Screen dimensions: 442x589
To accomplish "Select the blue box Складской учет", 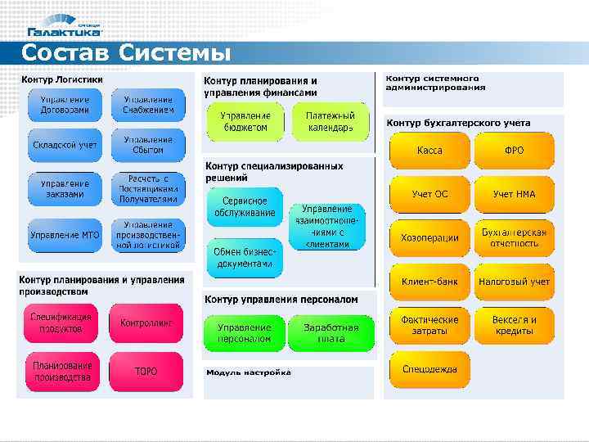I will (x=65, y=145).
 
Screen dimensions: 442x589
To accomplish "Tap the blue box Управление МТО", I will (x=65, y=235).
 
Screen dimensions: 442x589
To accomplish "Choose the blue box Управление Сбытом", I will (x=148, y=145).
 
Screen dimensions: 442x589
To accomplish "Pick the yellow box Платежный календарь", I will (x=330, y=122).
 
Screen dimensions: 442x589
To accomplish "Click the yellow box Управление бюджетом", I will (x=244, y=122).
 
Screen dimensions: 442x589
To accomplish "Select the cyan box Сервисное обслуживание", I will (x=244, y=206).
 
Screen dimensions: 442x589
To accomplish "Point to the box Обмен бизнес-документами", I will (x=243, y=258).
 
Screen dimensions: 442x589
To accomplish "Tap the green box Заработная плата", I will (x=330, y=332).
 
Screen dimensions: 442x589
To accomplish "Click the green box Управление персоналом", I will (x=244, y=332).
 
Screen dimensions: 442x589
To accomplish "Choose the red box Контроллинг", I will (x=146, y=323).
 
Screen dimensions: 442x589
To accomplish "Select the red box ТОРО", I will (x=146, y=371).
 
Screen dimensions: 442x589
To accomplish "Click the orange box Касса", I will (x=429, y=151).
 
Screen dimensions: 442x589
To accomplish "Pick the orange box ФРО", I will (x=515, y=151).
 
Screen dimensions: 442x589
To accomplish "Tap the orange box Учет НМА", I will (x=515, y=194).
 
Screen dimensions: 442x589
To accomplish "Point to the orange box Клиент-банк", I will (x=429, y=282).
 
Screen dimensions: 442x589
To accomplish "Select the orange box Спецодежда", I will (x=429, y=369).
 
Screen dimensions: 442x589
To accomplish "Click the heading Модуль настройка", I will (x=248, y=372).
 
